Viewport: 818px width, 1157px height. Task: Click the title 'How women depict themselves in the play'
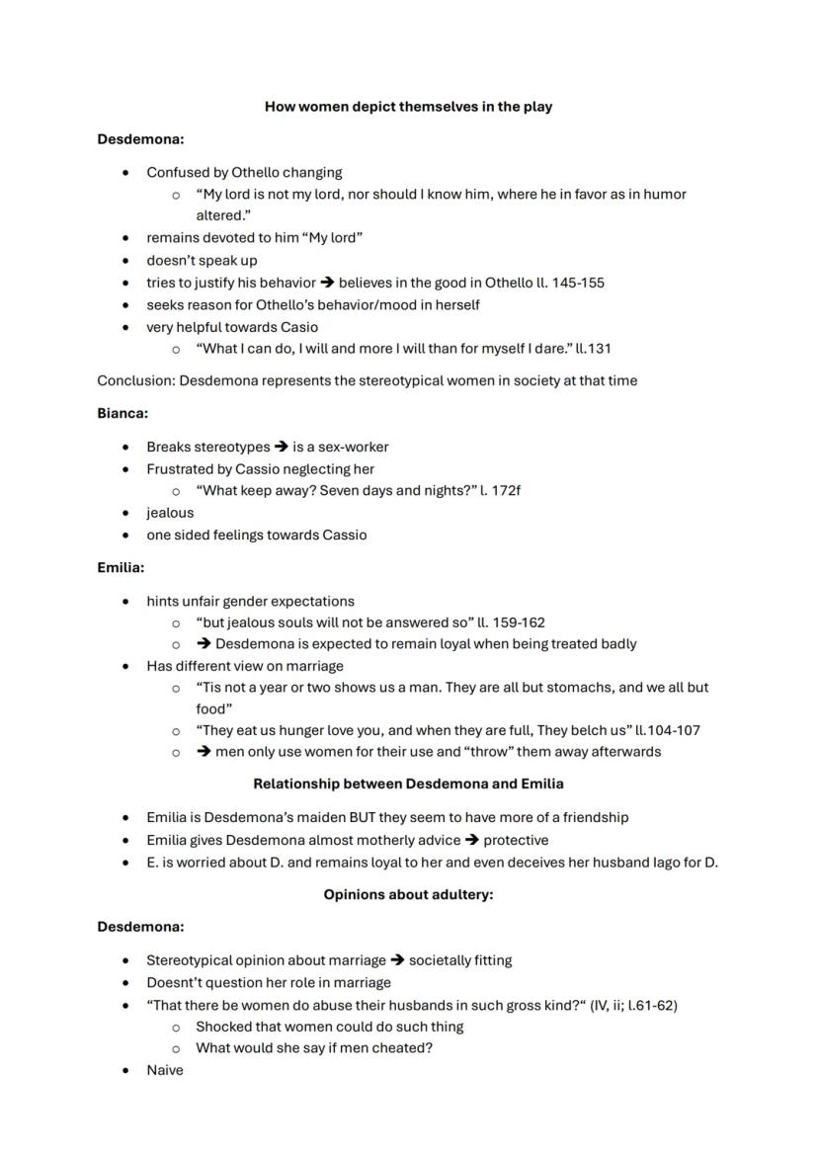408,107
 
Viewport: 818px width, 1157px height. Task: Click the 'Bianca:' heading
123,413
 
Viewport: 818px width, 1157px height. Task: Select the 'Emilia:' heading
121,568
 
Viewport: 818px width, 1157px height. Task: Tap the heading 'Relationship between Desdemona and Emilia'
408,784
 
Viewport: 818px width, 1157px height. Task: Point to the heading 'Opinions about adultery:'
408,895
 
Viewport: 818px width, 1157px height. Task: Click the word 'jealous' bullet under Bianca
170,513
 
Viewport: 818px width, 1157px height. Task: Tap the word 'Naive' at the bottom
165,1070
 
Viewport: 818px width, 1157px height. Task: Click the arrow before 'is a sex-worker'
282,447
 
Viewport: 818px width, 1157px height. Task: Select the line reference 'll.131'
601,348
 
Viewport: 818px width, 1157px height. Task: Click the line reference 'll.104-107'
668,730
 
